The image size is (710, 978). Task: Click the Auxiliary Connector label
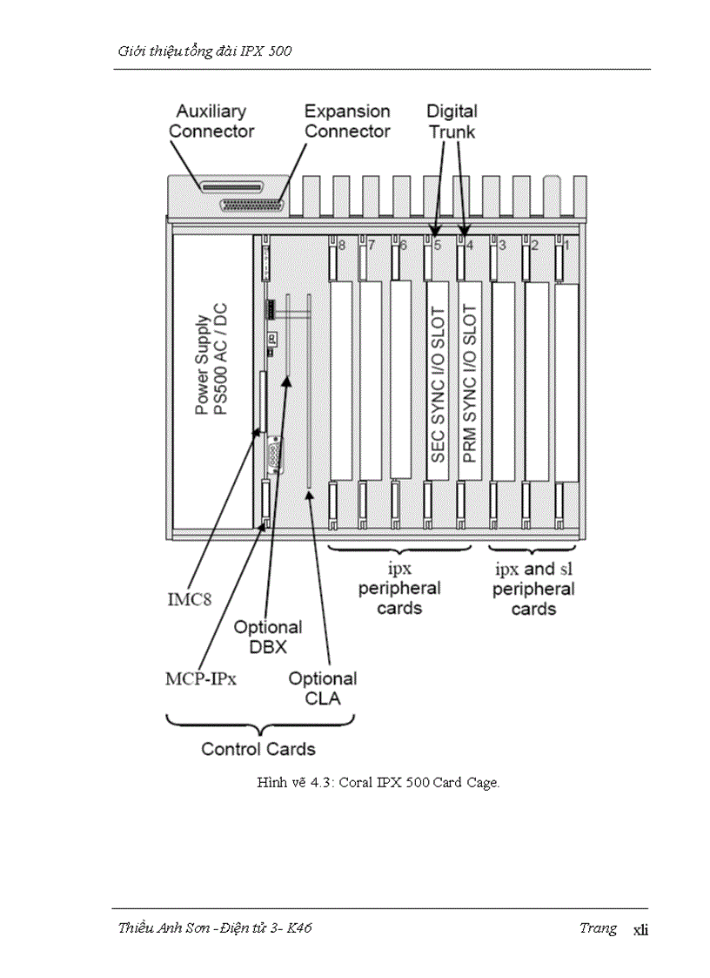tap(211, 121)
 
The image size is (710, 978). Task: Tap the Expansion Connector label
tap(346, 121)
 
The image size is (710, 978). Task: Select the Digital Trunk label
tap(452, 121)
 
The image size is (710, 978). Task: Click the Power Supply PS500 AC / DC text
tap(211, 364)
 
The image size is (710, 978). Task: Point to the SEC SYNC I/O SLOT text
tap(438, 384)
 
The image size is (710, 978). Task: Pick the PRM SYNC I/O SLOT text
tap(470, 384)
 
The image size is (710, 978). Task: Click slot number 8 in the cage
tap(342, 246)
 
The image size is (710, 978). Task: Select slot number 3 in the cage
tap(502, 246)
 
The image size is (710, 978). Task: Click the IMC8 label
tap(189, 599)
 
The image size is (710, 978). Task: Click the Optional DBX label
tap(268, 637)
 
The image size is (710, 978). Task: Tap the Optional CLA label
tap(323, 688)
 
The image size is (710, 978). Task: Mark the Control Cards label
tap(258, 749)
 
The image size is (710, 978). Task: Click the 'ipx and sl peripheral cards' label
tap(533, 590)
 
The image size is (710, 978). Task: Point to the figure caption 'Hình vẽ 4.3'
tap(378, 782)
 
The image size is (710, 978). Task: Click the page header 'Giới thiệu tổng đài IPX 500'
tap(204, 51)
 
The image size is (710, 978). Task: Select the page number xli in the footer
tap(640, 929)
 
